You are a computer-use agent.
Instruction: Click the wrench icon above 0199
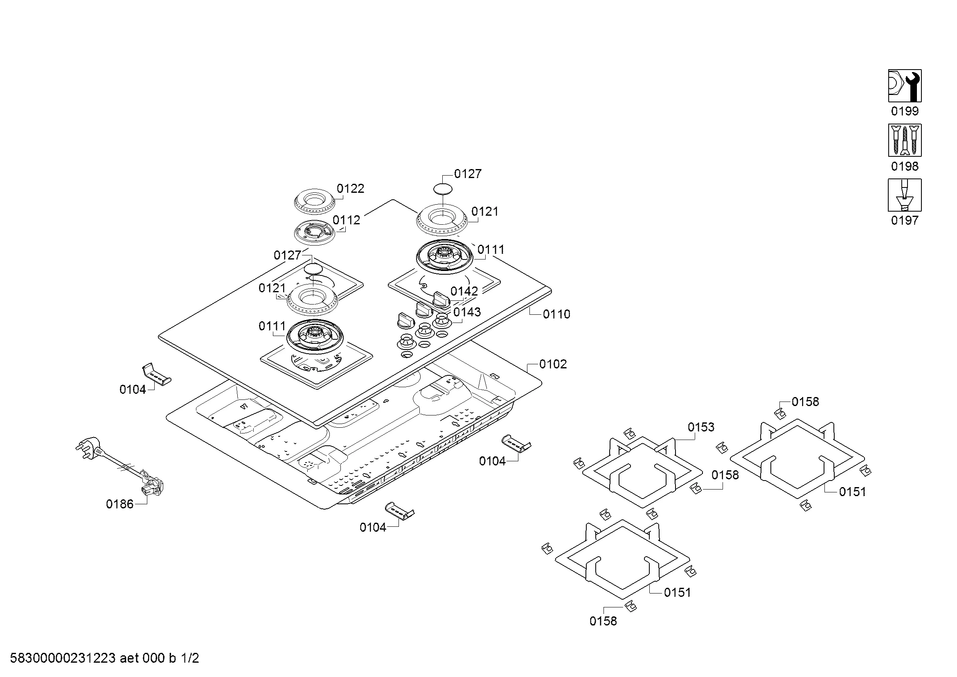pyautogui.click(x=905, y=86)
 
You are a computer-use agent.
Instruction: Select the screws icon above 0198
pyautogui.click(x=905, y=140)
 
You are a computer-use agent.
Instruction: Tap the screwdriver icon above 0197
pyautogui.click(x=905, y=195)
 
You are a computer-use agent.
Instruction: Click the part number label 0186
pyautogui.click(x=119, y=504)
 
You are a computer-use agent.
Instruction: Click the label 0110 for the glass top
pyautogui.click(x=556, y=314)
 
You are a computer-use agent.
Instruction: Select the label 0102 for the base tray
pyautogui.click(x=553, y=364)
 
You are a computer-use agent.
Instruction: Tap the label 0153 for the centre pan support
pyautogui.click(x=701, y=427)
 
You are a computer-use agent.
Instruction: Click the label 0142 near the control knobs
pyautogui.click(x=464, y=291)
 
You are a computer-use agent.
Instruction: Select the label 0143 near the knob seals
pyautogui.click(x=467, y=312)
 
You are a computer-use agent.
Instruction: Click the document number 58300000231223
pyautogui.click(x=63, y=658)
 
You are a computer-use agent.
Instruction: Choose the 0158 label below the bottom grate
pyautogui.click(x=603, y=621)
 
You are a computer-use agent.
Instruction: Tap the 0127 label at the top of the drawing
pyautogui.click(x=468, y=174)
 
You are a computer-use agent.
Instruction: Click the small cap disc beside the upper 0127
pyautogui.click(x=443, y=188)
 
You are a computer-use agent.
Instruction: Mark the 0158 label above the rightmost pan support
pyautogui.click(x=805, y=402)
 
